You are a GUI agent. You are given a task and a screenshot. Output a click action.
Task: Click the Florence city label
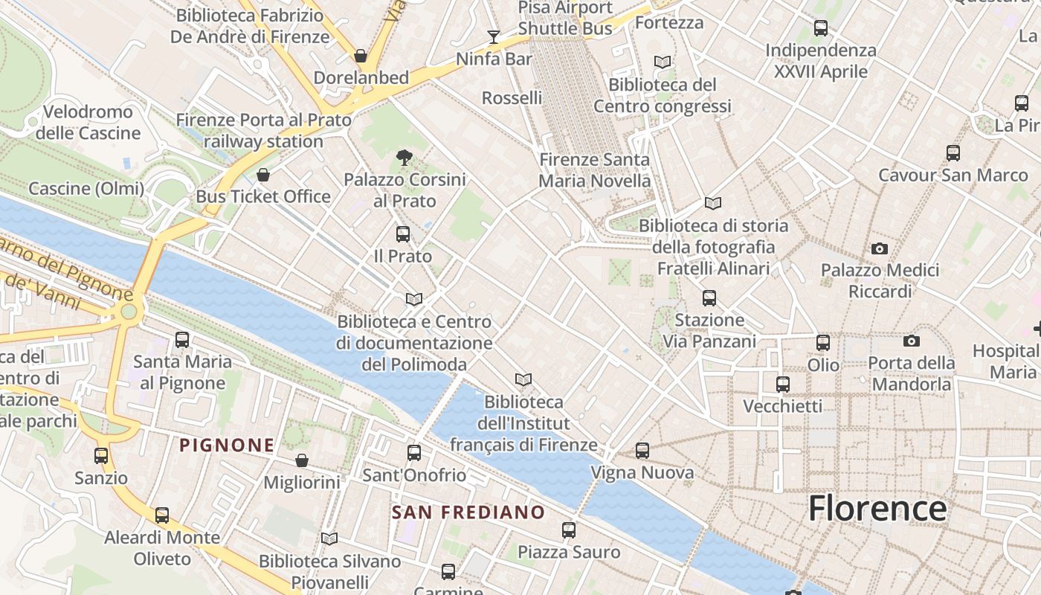click(x=877, y=509)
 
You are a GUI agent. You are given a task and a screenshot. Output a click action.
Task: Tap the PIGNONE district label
click(x=227, y=446)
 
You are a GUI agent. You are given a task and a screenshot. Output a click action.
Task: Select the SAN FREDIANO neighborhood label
click(x=468, y=512)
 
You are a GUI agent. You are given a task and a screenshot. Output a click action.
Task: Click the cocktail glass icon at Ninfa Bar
click(x=493, y=36)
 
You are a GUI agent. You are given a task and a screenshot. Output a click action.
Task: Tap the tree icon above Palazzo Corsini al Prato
click(x=405, y=158)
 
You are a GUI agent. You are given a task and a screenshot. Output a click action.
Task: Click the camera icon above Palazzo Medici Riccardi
click(x=880, y=248)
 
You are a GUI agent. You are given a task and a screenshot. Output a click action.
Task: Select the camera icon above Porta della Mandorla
click(x=912, y=341)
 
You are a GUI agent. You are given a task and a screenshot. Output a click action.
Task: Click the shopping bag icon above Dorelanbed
click(x=361, y=56)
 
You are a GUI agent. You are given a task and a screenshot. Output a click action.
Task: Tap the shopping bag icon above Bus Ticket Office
click(x=262, y=175)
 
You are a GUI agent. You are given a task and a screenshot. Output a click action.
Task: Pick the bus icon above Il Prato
click(x=403, y=234)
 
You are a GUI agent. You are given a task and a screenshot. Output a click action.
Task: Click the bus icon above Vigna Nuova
click(x=642, y=451)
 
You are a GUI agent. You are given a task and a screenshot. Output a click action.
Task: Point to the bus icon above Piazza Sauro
click(x=569, y=530)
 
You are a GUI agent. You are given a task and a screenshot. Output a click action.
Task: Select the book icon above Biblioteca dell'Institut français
click(x=523, y=380)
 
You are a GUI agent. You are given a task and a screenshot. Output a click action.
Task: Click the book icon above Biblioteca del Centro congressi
click(x=663, y=62)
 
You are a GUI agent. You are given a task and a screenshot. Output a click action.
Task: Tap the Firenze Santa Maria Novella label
click(x=594, y=170)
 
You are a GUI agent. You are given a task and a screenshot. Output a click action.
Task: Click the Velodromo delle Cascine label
click(x=88, y=123)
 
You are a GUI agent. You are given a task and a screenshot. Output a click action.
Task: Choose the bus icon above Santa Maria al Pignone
click(x=182, y=340)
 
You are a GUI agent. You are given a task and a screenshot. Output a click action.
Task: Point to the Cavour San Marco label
click(x=953, y=176)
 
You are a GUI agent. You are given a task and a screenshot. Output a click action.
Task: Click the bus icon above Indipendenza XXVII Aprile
click(x=821, y=29)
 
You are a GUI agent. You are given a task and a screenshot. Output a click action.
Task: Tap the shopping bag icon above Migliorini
click(x=302, y=460)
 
